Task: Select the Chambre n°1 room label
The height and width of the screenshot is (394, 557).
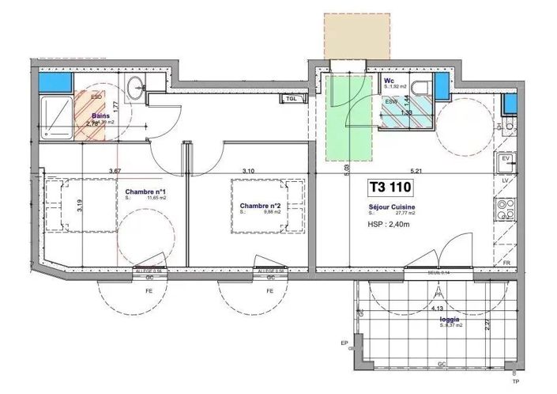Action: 145,192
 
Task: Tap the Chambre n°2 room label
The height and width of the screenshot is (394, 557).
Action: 262,206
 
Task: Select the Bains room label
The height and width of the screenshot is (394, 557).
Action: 101,116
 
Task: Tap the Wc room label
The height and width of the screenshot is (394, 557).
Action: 390,81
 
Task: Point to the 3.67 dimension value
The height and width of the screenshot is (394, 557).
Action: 115,171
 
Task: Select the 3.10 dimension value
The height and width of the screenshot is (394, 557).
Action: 248,171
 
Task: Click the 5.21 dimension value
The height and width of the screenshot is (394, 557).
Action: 416,171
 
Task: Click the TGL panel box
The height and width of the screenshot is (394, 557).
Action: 292,99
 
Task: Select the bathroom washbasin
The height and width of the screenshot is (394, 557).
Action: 134,89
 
